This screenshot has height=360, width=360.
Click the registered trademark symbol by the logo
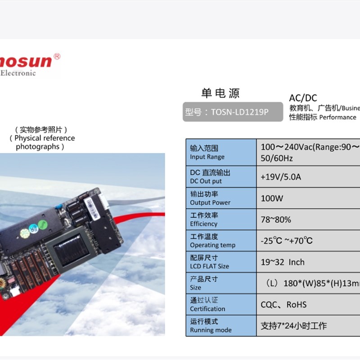57,57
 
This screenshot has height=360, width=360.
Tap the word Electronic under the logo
18,73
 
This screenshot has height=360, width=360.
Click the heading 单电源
220,94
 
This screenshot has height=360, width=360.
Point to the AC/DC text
303,98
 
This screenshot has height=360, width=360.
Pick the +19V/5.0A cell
281,177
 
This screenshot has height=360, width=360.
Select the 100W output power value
272,198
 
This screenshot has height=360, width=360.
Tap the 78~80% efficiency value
276,220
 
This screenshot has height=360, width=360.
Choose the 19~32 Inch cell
283,262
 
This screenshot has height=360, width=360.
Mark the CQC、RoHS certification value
283,305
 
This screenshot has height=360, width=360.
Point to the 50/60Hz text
277,158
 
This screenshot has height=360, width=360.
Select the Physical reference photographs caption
41,138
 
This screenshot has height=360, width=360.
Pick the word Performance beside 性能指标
337,117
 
